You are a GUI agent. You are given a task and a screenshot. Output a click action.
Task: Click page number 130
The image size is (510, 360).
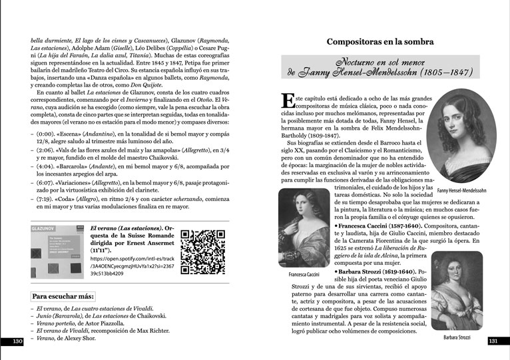(18, 341)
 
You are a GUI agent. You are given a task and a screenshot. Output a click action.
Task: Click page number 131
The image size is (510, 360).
(493, 341)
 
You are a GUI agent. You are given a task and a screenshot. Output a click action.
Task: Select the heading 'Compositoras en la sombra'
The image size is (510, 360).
(380, 42)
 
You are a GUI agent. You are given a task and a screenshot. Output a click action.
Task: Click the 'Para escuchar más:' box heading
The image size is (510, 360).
(63, 296)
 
